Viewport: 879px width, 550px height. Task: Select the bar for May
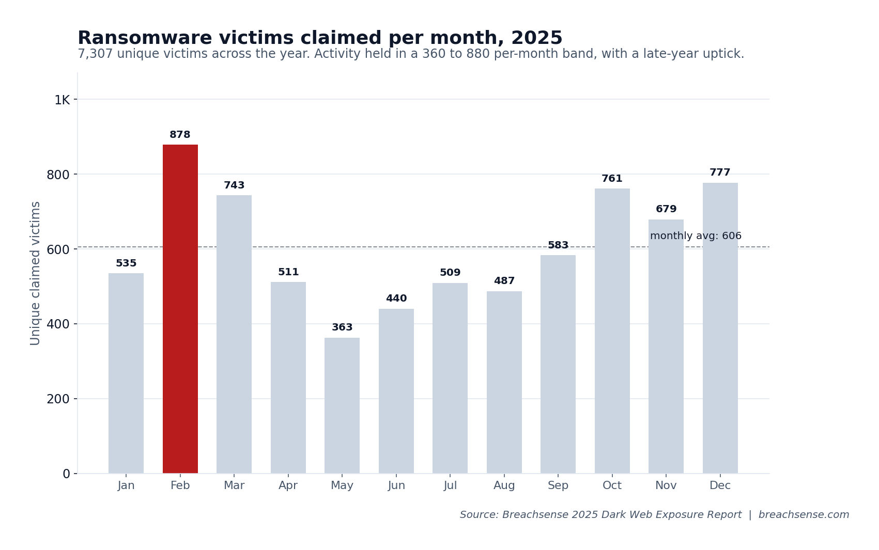point(342,405)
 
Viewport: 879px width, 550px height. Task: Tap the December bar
point(720,328)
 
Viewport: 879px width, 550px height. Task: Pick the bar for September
point(558,364)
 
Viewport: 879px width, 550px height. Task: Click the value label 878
point(180,135)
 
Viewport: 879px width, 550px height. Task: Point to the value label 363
point(342,327)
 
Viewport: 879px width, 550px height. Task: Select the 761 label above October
point(612,179)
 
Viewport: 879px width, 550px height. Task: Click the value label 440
point(396,298)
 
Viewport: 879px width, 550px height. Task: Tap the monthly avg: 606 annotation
point(696,236)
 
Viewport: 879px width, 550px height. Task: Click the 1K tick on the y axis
point(62,100)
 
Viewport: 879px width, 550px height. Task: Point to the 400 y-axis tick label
point(58,324)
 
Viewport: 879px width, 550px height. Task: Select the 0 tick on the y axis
point(66,474)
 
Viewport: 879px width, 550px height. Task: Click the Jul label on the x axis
point(450,486)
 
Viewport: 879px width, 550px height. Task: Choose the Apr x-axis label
point(288,486)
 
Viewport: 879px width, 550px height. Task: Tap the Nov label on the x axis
point(666,486)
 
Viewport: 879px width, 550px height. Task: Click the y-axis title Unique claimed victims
point(36,273)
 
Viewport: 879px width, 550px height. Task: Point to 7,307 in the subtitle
point(95,54)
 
